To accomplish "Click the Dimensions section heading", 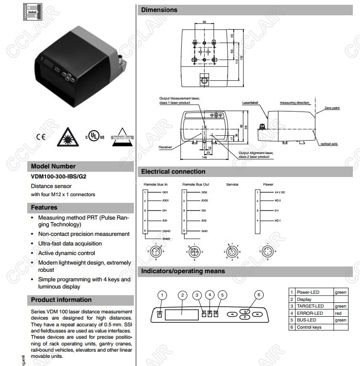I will coord(159,10).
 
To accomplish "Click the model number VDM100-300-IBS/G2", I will coord(59,176).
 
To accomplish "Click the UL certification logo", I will coord(95,136).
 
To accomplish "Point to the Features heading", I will coord(44,208).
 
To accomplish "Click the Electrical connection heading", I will coord(173,172).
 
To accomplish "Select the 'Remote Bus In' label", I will coord(156,184).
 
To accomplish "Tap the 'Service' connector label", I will coord(232,184).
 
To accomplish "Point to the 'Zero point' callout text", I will coord(332,108).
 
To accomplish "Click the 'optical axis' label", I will coord(329,144).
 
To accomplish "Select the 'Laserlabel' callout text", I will coord(250,102).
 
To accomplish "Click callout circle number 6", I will coord(259,295).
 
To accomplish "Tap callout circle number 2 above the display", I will coord(182,295).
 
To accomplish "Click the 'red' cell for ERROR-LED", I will coord(338,313).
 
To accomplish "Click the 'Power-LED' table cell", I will coord(308,292).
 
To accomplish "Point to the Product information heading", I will coord(61,300).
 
